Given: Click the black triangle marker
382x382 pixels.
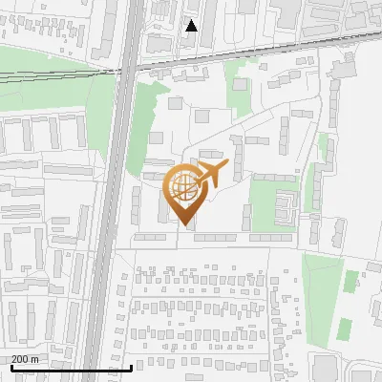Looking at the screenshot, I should (x=191, y=26).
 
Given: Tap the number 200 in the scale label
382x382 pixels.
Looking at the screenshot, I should (x=20, y=359).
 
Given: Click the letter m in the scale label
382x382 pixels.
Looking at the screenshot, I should (x=34, y=359).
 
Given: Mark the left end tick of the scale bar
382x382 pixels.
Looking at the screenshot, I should (x=11, y=367).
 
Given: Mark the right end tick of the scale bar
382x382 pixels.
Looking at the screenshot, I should (x=131, y=367).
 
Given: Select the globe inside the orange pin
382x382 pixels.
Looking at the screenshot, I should (x=182, y=186).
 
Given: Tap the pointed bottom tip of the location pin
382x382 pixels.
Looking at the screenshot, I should (x=184, y=226).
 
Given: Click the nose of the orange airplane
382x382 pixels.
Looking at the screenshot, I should (x=227, y=165).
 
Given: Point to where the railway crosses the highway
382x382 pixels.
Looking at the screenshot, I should (x=126, y=68).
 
